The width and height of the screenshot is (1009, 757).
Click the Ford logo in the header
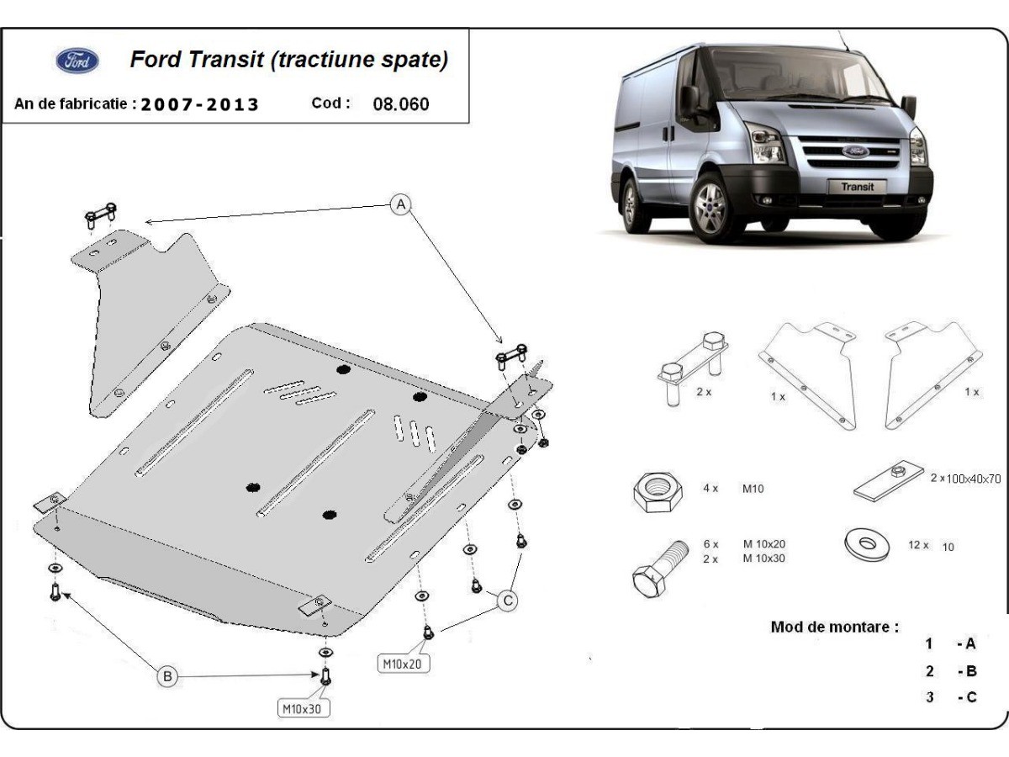77,61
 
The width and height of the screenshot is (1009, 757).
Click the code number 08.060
400,104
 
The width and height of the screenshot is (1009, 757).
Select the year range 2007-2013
200,105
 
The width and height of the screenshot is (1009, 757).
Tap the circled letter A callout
402,204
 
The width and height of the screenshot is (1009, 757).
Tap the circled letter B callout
167,675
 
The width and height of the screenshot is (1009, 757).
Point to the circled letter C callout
507,601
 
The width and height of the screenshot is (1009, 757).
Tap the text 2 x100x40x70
965,479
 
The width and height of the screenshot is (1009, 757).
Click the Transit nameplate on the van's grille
857,187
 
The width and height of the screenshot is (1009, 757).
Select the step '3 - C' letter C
970,697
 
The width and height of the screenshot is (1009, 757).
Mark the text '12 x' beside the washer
919,545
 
